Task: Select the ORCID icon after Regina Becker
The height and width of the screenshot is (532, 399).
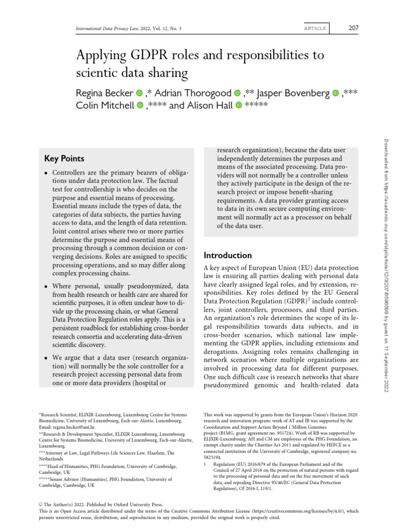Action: [139, 93]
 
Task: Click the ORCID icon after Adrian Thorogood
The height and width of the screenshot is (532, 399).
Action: [237, 93]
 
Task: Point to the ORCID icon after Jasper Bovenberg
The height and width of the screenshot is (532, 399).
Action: [335, 93]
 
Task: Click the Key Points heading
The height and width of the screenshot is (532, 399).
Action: [64, 158]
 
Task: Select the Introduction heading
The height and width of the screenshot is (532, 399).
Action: [228, 255]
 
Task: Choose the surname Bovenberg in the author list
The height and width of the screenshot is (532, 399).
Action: [302, 93]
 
